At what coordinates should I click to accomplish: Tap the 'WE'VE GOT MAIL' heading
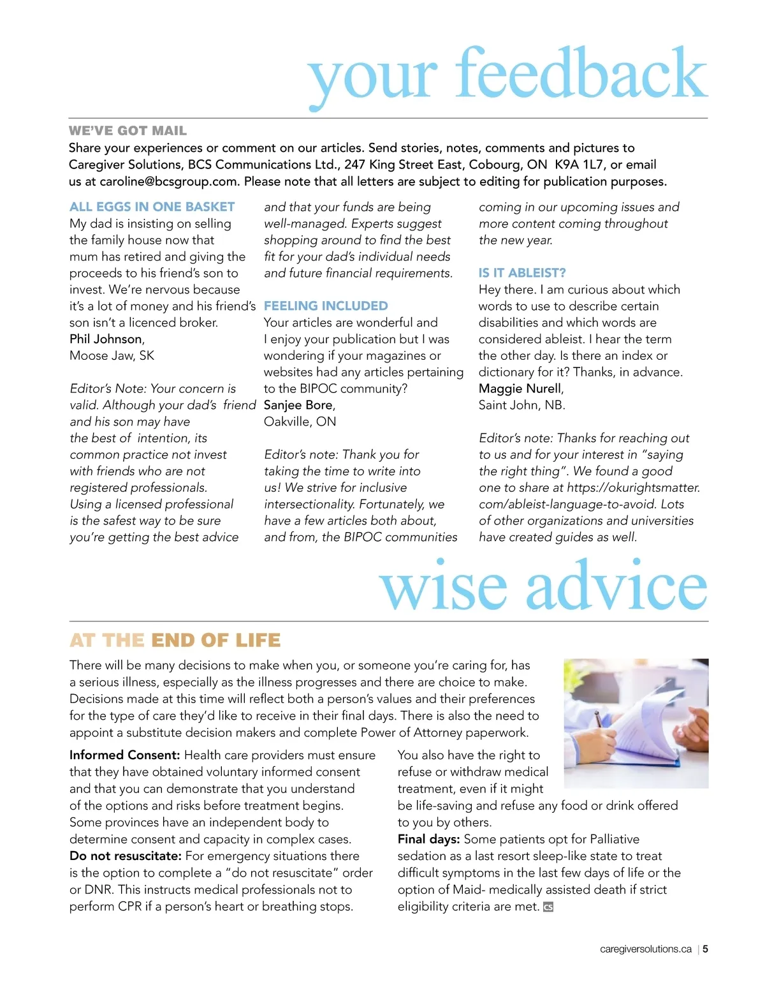click(127, 131)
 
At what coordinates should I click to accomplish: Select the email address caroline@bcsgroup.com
click(168, 181)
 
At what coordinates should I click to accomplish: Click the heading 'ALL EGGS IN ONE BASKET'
click(152, 207)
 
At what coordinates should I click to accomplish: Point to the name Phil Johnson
click(106, 339)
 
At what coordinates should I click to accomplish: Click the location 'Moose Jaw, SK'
click(112, 355)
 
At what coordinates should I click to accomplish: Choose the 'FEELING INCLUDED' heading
click(326, 306)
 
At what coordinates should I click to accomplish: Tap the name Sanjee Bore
click(298, 405)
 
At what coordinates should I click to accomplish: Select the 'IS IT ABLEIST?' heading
click(522, 272)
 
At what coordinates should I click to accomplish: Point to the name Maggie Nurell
click(520, 389)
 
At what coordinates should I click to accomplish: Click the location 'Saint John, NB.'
click(521, 405)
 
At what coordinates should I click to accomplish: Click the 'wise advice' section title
click(543, 586)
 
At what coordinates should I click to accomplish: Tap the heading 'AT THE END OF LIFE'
click(175, 640)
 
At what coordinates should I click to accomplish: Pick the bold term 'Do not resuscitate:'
click(126, 856)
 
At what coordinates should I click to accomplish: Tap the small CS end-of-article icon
click(548, 907)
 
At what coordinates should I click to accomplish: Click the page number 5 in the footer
click(706, 949)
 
